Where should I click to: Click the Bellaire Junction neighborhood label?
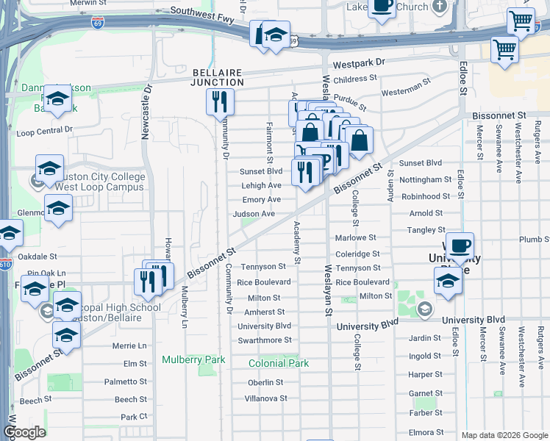(x=218, y=77)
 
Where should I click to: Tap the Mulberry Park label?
(x=193, y=360)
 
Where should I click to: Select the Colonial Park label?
(x=279, y=363)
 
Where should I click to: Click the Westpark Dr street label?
(x=359, y=63)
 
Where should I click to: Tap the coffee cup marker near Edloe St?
(x=460, y=247)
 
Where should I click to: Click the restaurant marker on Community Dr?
(x=219, y=103)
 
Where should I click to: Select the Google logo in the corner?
(x=24, y=431)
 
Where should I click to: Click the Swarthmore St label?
(x=265, y=340)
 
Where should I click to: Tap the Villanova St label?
(x=265, y=398)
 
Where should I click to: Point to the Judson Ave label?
(x=254, y=214)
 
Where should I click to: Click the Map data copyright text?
(x=504, y=435)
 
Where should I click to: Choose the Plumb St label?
(x=534, y=240)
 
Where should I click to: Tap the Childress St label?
(x=354, y=79)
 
